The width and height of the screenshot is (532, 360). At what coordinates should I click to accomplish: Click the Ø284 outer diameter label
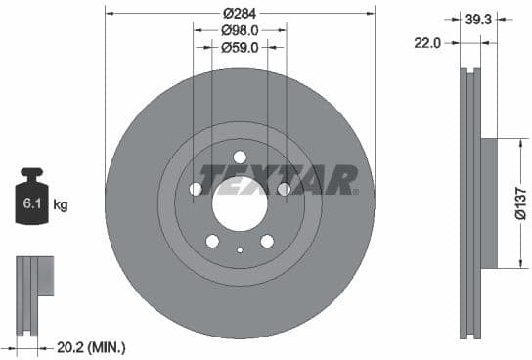[x=239, y=13]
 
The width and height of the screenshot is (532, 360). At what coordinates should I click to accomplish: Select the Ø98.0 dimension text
[x=239, y=29]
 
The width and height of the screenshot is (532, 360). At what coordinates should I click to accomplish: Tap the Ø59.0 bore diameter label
[x=239, y=46]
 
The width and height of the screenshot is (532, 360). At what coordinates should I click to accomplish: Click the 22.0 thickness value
[x=427, y=42]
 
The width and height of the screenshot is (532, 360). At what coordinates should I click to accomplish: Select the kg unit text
[x=61, y=205]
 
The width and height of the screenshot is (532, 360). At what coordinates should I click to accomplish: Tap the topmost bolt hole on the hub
[x=240, y=157]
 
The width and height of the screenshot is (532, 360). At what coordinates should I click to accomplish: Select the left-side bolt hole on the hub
[x=195, y=189]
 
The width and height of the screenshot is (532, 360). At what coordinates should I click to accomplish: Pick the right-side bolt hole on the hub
[x=285, y=189]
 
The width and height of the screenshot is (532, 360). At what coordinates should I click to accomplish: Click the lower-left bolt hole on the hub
[x=212, y=242]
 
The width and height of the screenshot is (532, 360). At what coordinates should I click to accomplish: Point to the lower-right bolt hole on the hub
[x=267, y=242]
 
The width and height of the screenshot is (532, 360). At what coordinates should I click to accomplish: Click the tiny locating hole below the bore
[x=240, y=250]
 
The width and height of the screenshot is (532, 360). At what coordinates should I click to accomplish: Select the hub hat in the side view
[x=489, y=202]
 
